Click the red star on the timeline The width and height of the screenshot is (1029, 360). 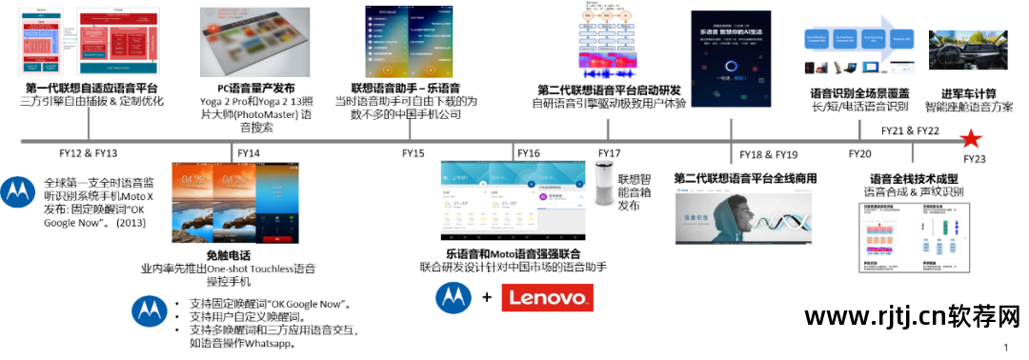point(969,138)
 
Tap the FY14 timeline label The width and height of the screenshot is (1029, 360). point(249,153)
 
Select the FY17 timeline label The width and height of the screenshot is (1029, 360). point(610,153)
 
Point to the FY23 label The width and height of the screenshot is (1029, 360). point(974,158)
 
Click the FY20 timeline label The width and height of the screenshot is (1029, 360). point(859,153)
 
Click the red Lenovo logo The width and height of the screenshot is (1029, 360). point(547,298)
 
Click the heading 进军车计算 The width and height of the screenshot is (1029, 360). point(969,93)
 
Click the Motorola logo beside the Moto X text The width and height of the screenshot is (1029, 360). point(16,191)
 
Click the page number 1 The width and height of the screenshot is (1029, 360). point(1006,348)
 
